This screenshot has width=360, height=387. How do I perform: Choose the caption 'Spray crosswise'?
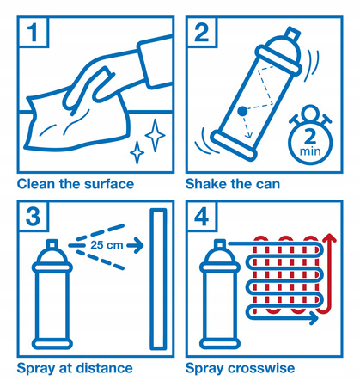[241, 368]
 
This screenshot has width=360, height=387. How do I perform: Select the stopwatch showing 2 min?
[305, 136]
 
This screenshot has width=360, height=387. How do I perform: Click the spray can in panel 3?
[51, 297]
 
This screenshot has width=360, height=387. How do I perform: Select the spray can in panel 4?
[218, 297]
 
